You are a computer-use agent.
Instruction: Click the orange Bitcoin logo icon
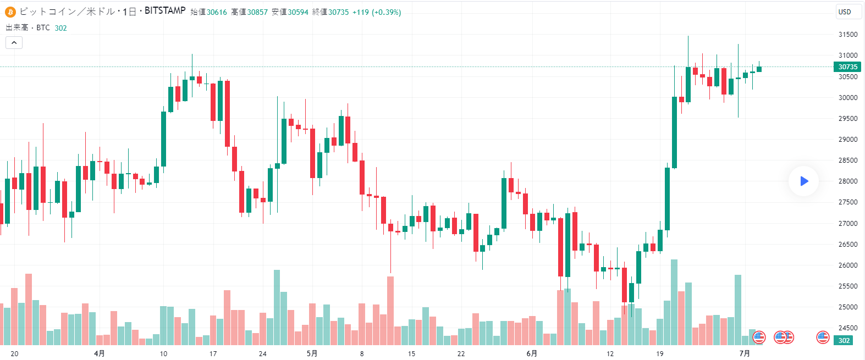(x=10, y=12)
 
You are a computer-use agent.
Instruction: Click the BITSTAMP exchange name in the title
(x=165, y=11)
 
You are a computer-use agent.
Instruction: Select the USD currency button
(x=845, y=12)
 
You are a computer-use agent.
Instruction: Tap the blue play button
(x=803, y=181)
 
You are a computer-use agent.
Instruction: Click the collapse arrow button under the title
(x=14, y=42)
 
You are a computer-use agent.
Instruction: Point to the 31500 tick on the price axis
(x=847, y=35)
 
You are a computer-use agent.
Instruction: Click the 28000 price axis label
(x=847, y=181)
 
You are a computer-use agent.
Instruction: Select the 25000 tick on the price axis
(x=847, y=307)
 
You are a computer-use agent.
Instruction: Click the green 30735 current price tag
(x=847, y=67)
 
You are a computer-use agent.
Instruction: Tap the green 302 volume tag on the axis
(x=844, y=341)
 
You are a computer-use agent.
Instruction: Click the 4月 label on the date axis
(x=100, y=353)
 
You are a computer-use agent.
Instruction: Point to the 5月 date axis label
(x=312, y=353)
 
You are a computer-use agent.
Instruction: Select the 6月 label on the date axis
(x=532, y=353)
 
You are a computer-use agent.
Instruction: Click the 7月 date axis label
(x=745, y=353)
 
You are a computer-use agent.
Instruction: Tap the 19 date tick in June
(x=659, y=353)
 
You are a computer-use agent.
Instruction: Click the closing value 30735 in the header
(x=338, y=12)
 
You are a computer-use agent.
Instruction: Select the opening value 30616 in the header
(x=217, y=12)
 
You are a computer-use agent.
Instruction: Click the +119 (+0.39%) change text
(x=377, y=12)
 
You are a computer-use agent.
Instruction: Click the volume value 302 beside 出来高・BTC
(x=60, y=28)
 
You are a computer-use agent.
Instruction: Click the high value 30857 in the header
(x=257, y=12)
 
